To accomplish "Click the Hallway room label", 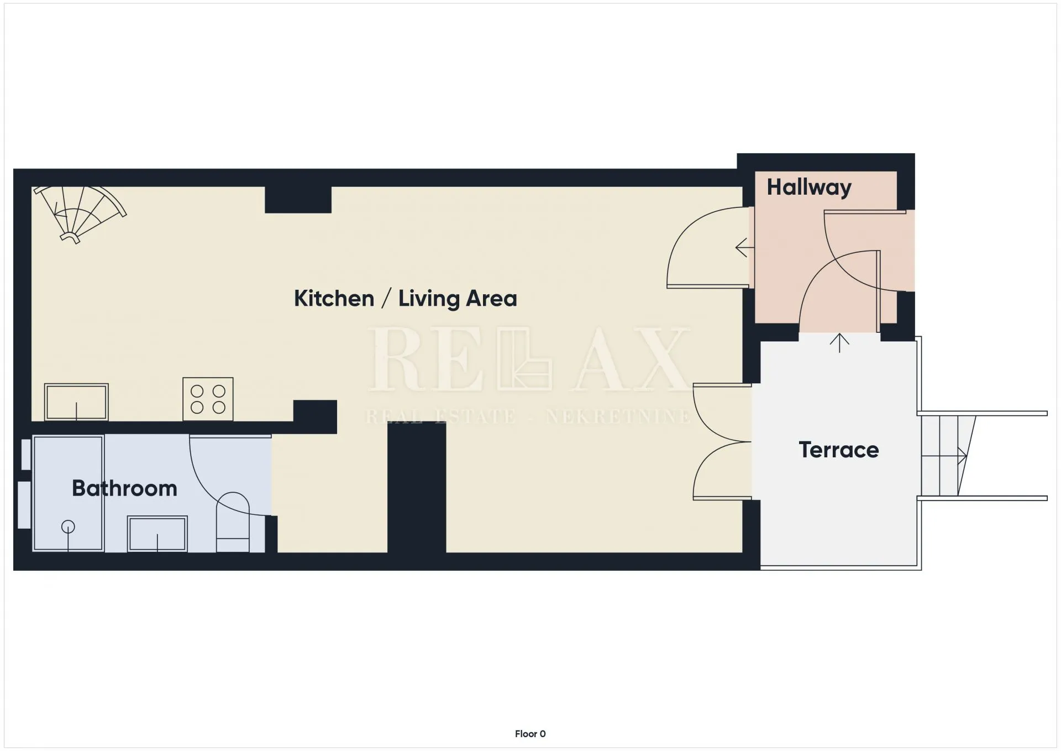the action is click(808, 187).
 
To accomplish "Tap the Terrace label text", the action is click(838, 450).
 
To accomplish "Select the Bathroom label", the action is click(124, 488).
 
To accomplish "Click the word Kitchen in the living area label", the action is click(334, 299).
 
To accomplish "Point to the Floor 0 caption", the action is click(530, 734).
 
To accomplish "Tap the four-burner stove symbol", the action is click(208, 399).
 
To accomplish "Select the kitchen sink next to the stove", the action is click(76, 402).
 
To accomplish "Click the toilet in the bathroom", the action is click(233, 522).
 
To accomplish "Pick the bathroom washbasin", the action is click(157, 534).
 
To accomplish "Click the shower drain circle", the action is click(68, 527).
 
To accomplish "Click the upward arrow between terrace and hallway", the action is click(839, 343).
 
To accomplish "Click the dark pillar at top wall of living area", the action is click(298, 200).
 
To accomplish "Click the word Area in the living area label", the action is click(492, 299).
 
